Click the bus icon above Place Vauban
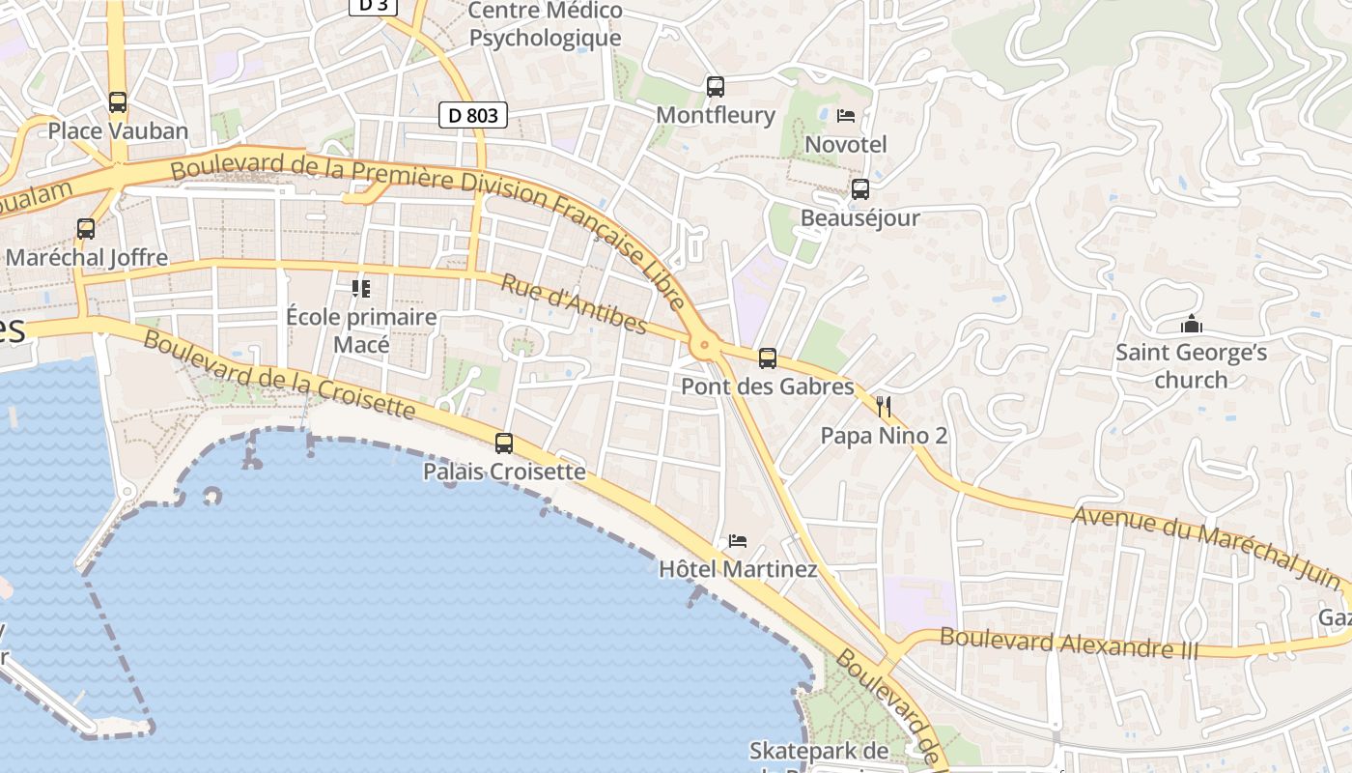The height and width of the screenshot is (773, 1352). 118,101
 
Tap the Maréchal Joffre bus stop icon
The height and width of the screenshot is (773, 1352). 86,229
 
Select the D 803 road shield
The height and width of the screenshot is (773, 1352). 473,116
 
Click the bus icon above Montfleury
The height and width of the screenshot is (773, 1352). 715,87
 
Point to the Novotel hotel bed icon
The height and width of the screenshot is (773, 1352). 846,116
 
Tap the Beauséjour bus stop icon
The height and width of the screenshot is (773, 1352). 859,189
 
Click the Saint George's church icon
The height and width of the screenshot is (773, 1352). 1192,324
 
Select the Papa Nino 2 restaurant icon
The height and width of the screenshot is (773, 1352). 883,407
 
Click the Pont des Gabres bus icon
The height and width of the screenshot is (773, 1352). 768,358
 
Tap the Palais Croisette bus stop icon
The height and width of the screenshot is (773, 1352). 504,444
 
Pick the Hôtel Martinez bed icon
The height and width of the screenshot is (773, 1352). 738,540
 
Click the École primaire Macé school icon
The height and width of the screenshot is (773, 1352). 361,288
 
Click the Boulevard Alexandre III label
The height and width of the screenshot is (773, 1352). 1068,644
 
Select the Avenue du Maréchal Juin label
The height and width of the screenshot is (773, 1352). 1206,547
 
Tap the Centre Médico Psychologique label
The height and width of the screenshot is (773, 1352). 545,25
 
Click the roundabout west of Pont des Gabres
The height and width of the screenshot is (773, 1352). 704,344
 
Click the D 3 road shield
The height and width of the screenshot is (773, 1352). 373,5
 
